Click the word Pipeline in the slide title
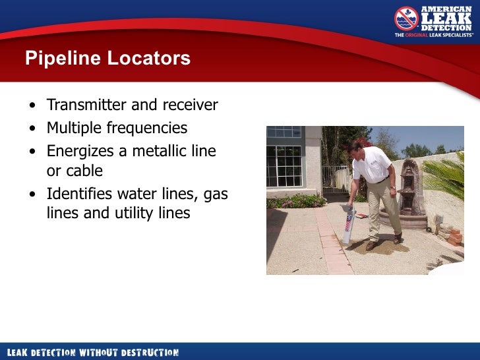coord(58,59)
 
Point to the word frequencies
coord(149,128)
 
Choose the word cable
coord(84,171)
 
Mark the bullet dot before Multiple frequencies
coord(33,129)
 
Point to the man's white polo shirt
coord(373,164)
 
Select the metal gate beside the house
coord(336,179)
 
